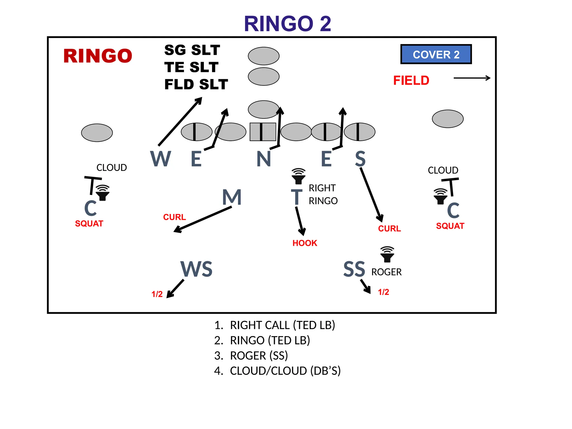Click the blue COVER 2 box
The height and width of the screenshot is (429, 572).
[x=436, y=54]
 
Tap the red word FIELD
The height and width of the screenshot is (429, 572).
[x=411, y=80]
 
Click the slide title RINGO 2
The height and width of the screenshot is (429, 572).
[x=287, y=24]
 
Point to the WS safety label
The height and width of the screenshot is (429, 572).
[x=196, y=269]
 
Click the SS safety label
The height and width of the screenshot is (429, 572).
[x=354, y=269]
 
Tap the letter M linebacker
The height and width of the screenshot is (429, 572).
[x=232, y=197]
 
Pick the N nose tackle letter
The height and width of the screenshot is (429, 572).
[x=264, y=159]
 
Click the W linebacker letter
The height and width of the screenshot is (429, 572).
[x=160, y=159]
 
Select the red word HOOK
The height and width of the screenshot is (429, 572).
[x=305, y=243]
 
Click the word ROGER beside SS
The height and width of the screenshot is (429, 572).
[x=386, y=272]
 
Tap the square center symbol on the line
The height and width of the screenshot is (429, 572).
[x=263, y=132]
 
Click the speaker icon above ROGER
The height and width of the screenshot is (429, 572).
[x=387, y=254]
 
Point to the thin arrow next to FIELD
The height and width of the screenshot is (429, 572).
[x=472, y=78]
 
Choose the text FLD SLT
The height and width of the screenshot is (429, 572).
[x=196, y=84]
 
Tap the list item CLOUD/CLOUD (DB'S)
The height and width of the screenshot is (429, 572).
[x=285, y=371]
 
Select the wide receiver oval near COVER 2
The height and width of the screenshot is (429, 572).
[x=447, y=119]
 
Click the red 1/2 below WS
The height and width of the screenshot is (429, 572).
[x=157, y=294]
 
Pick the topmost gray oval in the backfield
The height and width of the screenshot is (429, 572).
[x=263, y=56]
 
